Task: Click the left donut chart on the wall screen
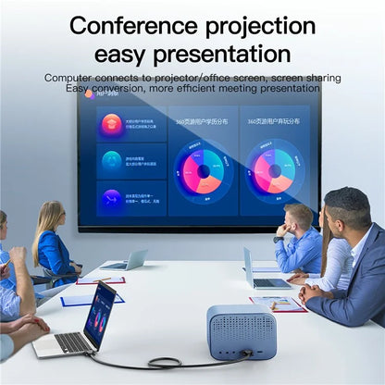click(x=202, y=170)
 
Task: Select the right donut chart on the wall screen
click(x=275, y=170)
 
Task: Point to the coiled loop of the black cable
click(x=167, y=363)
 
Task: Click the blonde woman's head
click(x=46, y=219)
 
